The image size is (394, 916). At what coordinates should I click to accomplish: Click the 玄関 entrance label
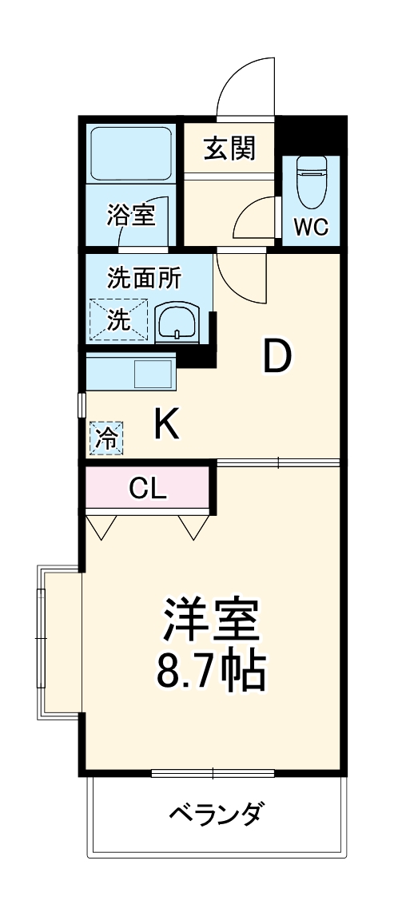click(229, 149)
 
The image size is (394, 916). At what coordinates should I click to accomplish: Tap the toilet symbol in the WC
click(311, 179)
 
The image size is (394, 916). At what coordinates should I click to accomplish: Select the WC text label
click(311, 227)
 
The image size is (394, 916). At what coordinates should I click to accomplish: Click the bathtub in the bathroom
click(131, 153)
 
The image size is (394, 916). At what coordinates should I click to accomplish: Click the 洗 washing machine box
click(118, 320)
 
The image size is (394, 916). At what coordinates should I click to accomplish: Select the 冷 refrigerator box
click(106, 438)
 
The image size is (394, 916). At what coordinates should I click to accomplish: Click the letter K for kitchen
click(166, 425)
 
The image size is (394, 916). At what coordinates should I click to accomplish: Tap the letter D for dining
click(277, 357)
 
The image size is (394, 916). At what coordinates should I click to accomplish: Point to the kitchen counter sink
click(153, 374)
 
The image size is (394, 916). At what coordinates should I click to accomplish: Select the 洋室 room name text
click(212, 621)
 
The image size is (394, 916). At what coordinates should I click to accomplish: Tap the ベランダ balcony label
click(215, 815)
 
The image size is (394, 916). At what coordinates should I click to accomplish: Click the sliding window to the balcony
click(213, 773)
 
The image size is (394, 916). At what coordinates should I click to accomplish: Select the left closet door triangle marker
click(101, 527)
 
